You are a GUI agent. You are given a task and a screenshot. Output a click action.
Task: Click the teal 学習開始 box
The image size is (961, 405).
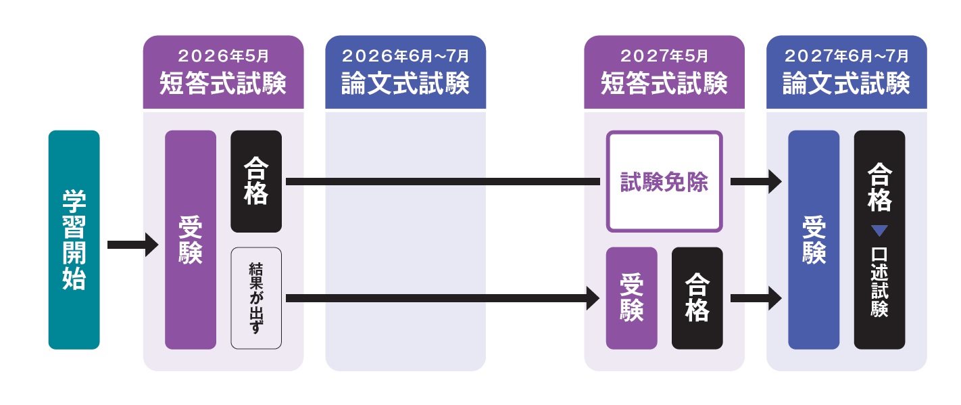[x=74, y=239]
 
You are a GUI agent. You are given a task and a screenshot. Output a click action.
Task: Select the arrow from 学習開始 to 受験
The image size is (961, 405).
[x=132, y=244]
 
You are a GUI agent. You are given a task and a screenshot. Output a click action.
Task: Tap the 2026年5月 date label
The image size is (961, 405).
[x=223, y=55]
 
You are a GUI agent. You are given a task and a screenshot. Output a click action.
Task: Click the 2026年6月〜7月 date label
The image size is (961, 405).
[x=405, y=55]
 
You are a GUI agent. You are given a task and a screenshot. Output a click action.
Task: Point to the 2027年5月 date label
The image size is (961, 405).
[x=664, y=55]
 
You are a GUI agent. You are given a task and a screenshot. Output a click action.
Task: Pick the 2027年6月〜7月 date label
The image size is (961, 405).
[x=846, y=55]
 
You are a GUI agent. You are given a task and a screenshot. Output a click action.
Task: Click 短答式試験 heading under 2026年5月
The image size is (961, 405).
[x=223, y=85]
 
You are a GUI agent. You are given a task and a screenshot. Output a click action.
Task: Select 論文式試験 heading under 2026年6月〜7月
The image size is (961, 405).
[x=405, y=85]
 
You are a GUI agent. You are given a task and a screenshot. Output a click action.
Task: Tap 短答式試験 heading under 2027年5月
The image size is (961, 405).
[x=664, y=85]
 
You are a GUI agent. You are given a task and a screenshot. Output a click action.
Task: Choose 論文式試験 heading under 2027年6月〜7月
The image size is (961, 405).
[x=846, y=85]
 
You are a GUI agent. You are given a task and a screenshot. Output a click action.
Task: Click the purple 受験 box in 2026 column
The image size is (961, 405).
[x=191, y=239]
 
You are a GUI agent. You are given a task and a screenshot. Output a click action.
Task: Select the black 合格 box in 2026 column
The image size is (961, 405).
[x=256, y=181]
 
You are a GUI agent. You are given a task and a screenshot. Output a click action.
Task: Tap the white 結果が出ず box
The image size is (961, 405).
[x=256, y=298]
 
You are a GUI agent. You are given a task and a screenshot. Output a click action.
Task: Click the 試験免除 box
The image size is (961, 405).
[x=664, y=181]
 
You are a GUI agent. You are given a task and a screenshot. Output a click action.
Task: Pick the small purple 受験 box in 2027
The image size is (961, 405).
[x=631, y=298]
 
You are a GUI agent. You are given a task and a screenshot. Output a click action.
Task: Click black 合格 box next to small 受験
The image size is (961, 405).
[x=697, y=298]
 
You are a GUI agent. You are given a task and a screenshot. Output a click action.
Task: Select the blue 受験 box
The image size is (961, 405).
[x=814, y=239]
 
